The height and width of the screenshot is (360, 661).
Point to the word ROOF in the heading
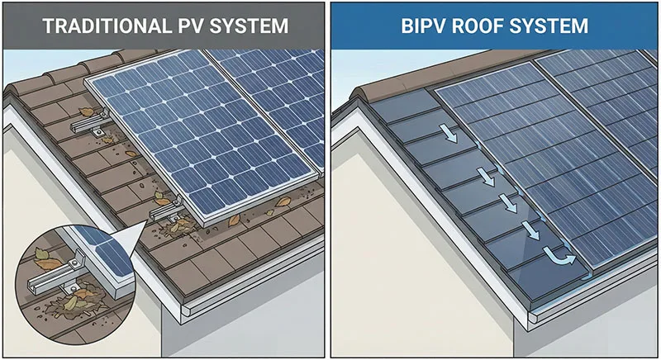486,26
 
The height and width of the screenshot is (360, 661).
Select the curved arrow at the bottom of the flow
563,260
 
